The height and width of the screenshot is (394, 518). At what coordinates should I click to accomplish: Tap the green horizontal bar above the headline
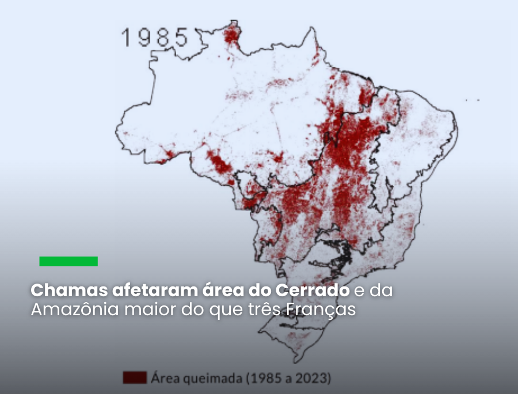(x=68, y=261)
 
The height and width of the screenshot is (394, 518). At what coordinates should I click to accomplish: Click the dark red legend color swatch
(x=134, y=378)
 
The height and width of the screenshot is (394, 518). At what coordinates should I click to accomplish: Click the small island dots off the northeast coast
(x=473, y=100)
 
